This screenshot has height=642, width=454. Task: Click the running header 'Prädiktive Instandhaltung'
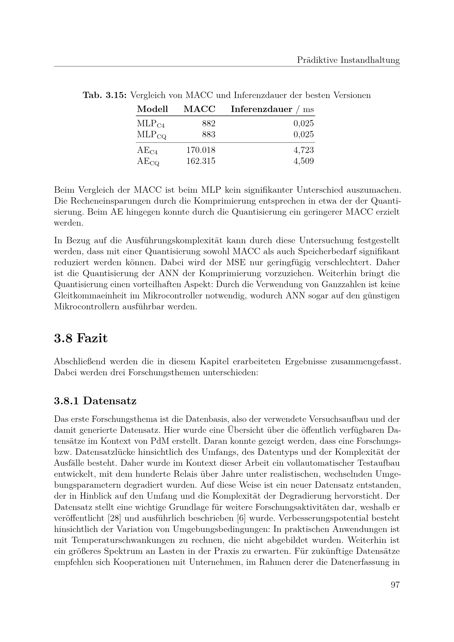(348, 60)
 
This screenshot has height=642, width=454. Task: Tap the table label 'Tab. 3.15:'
(105, 96)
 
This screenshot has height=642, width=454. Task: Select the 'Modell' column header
(152, 109)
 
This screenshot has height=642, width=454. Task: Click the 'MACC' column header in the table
(199, 109)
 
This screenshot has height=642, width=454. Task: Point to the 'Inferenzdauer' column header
(261, 109)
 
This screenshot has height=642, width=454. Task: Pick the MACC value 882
(209, 123)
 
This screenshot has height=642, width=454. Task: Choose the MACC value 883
(209, 134)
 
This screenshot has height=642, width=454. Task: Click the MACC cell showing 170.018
(201, 150)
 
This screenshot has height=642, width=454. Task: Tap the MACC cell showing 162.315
(201, 161)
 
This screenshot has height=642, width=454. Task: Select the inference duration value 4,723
(304, 150)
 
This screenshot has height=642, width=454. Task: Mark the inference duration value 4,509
(304, 161)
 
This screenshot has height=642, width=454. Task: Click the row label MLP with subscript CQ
(152, 135)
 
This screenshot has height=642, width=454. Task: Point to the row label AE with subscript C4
(147, 151)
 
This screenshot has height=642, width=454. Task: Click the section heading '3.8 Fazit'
(81, 338)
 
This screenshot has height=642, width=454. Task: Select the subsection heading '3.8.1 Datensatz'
(95, 401)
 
